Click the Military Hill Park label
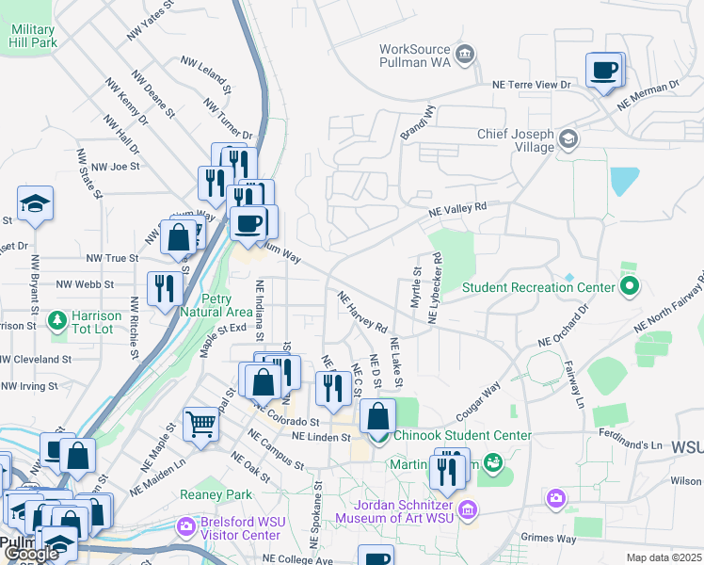point(34,37)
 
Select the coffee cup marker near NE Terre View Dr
point(603,70)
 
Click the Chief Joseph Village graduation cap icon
point(568,140)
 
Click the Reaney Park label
point(226,494)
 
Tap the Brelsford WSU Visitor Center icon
point(186,524)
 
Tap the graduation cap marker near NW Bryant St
point(35,203)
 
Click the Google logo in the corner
point(31,554)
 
